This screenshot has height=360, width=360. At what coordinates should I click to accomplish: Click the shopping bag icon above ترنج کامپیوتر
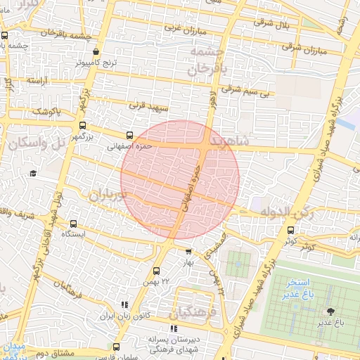pyautogui.click(x=96, y=51)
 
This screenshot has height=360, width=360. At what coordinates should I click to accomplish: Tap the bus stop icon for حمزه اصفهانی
pyautogui.click(x=129, y=136)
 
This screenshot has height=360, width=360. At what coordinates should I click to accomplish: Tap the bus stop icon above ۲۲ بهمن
pyautogui.click(x=155, y=270)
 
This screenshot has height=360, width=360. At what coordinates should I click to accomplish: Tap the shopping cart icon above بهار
pyautogui.click(x=188, y=251)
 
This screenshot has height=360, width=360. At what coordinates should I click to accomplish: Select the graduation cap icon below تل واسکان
pyautogui.click(x=33, y=173)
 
